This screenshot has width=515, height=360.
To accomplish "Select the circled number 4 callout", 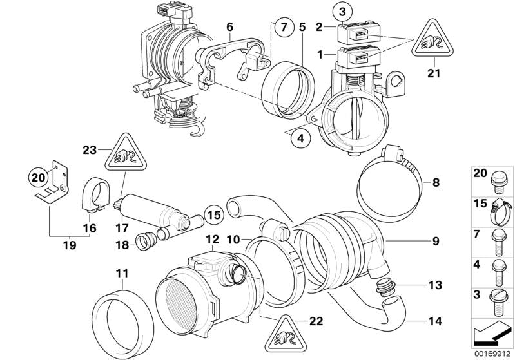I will (299, 137).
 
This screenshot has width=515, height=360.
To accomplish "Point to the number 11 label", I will (121, 274).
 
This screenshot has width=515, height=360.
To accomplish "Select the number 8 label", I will (436, 183).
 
